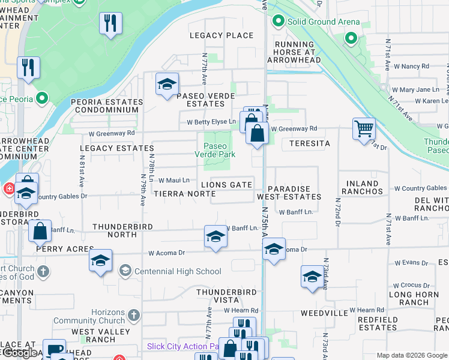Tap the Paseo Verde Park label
coord(215,149)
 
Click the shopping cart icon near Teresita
coord(364,128)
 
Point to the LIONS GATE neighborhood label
coord(226,185)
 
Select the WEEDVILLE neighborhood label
coord(324,313)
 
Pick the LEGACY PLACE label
coord(221,35)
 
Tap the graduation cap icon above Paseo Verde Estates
coord(167,84)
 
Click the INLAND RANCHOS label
coord(361,187)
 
